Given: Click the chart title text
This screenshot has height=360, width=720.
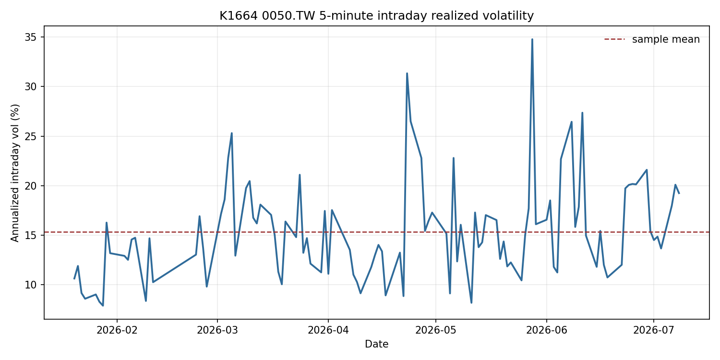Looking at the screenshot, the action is pos(376,15).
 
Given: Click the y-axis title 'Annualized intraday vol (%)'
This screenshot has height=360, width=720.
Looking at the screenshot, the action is pos(15,173).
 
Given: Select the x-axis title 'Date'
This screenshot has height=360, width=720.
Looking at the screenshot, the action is pos(376,344).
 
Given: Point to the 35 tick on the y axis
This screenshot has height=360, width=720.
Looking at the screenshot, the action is pos(30,37).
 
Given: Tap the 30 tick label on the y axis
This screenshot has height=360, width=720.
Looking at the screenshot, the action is pos(30,87).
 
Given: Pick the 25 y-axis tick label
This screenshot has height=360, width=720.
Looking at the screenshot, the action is pos(30,136).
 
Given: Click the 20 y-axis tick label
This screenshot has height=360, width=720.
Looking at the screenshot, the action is pos(30,186).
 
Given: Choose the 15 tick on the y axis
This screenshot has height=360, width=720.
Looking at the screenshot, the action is pos(30,235).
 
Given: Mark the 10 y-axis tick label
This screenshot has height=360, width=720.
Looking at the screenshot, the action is pos(30,285).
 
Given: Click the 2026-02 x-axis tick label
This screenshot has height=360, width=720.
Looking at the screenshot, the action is pos(117,330).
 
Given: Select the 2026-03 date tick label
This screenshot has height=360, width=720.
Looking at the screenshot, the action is pos(217,330).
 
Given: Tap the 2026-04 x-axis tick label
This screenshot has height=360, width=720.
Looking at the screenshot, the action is pos(328,330).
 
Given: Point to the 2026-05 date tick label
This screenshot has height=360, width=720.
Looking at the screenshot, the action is pos(435,330).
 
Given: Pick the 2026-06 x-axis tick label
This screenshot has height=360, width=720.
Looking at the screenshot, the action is pos(546,330).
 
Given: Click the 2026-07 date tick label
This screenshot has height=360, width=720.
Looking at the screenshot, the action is pos(653,330).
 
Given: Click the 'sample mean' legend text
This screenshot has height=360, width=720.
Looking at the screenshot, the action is pos(666,39).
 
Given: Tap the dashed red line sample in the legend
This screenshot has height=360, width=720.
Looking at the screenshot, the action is pos(614,39).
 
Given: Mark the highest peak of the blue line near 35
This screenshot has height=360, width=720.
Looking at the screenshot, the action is pos(532,39).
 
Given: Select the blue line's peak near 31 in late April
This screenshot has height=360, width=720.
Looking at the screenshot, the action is pos(407,73).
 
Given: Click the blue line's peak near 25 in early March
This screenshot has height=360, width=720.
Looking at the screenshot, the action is pos(232,133).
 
